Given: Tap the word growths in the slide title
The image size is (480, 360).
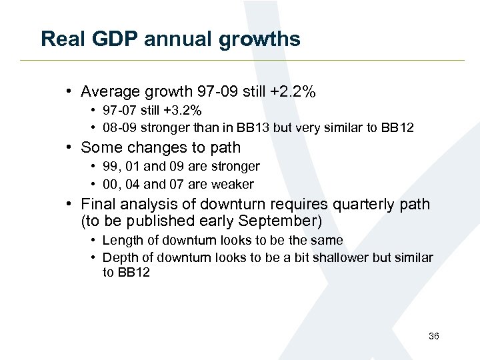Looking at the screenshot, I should (260, 39).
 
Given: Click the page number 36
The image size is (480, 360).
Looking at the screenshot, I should (433, 337).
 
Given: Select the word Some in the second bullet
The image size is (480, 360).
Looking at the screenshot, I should (99, 147).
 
